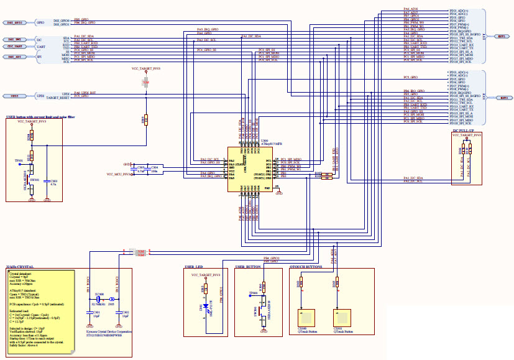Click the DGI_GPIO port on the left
pyautogui.click(x=15, y=22)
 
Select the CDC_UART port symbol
pyautogui.click(x=15, y=46)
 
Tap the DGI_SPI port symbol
pyautogui.click(x=15, y=57)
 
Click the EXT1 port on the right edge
pyautogui.click(x=502, y=37)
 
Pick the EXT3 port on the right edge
pyautogui.click(x=502, y=98)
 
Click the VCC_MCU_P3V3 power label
pyautogui.click(x=119, y=175)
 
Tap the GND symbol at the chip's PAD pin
pyautogui.click(x=278, y=193)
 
